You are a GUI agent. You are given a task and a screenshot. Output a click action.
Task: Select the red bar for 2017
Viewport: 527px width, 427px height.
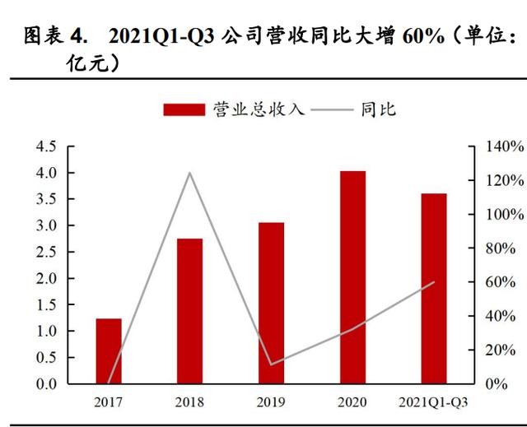coord(109,351)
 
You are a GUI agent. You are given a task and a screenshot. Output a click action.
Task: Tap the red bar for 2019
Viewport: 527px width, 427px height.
coord(271,303)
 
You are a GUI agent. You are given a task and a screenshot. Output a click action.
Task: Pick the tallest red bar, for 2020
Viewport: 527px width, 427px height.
coord(352,277)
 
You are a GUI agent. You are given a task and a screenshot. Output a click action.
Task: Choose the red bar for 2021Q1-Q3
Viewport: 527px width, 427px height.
coord(433,289)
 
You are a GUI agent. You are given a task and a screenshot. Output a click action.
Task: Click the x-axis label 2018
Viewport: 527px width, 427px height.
coord(189,402)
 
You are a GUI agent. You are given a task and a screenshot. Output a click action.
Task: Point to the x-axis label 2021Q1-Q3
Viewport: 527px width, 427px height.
coord(434,402)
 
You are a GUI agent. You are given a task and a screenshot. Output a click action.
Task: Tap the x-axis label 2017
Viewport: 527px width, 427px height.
coord(109,402)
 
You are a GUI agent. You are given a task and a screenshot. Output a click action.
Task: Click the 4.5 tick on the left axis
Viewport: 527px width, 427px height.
coord(45,146)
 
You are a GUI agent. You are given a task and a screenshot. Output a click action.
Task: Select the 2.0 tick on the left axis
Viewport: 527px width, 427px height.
coord(45,278)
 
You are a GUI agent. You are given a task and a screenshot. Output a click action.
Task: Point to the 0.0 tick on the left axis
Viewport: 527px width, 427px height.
coord(45,383)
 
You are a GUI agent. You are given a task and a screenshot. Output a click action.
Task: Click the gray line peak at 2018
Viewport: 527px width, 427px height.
coord(189,173)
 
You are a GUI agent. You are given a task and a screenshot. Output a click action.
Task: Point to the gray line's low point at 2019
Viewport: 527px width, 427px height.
coord(271,364)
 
